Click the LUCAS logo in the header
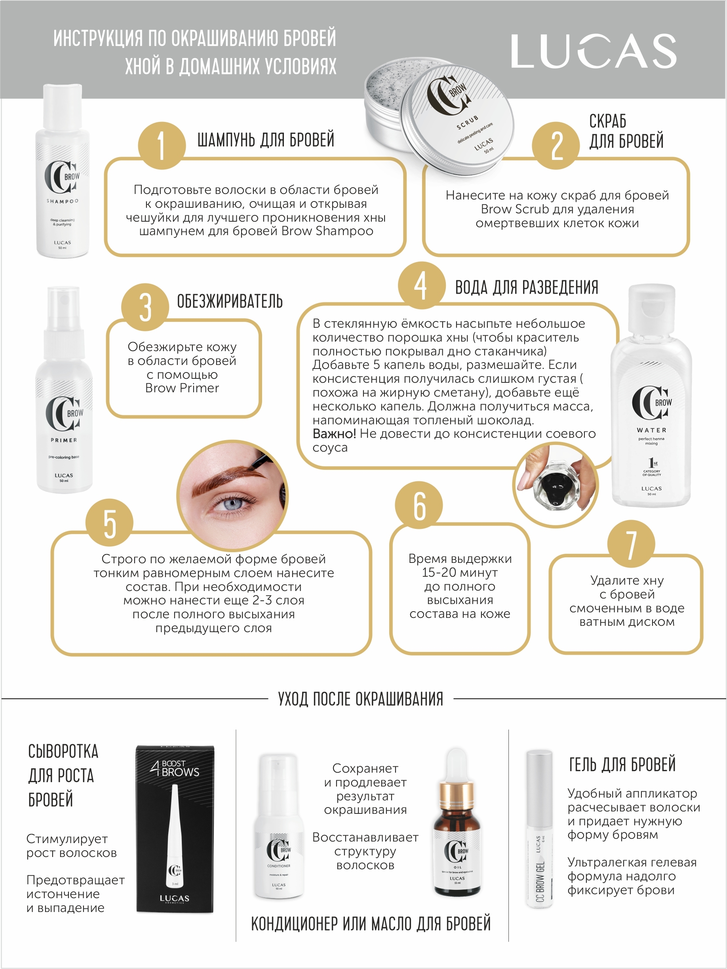pyautogui.click(x=594, y=51)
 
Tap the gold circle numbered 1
pyautogui.click(x=162, y=145)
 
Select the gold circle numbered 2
pyautogui.click(x=556, y=145)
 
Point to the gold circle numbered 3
pyautogui.click(x=145, y=307)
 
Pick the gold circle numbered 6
pyautogui.click(x=419, y=505)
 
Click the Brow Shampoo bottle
pyautogui.click(x=62, y=171)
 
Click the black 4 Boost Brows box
pyautogui.click(x=175, y=829)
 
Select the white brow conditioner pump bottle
pyautogui.click(x=279, y=826)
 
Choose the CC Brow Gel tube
pyautogui.click(x=539, y=828)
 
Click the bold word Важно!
pyautogui.click(x=334, y=434)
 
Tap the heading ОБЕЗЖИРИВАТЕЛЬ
pyautogui.click(x=230, y=301)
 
